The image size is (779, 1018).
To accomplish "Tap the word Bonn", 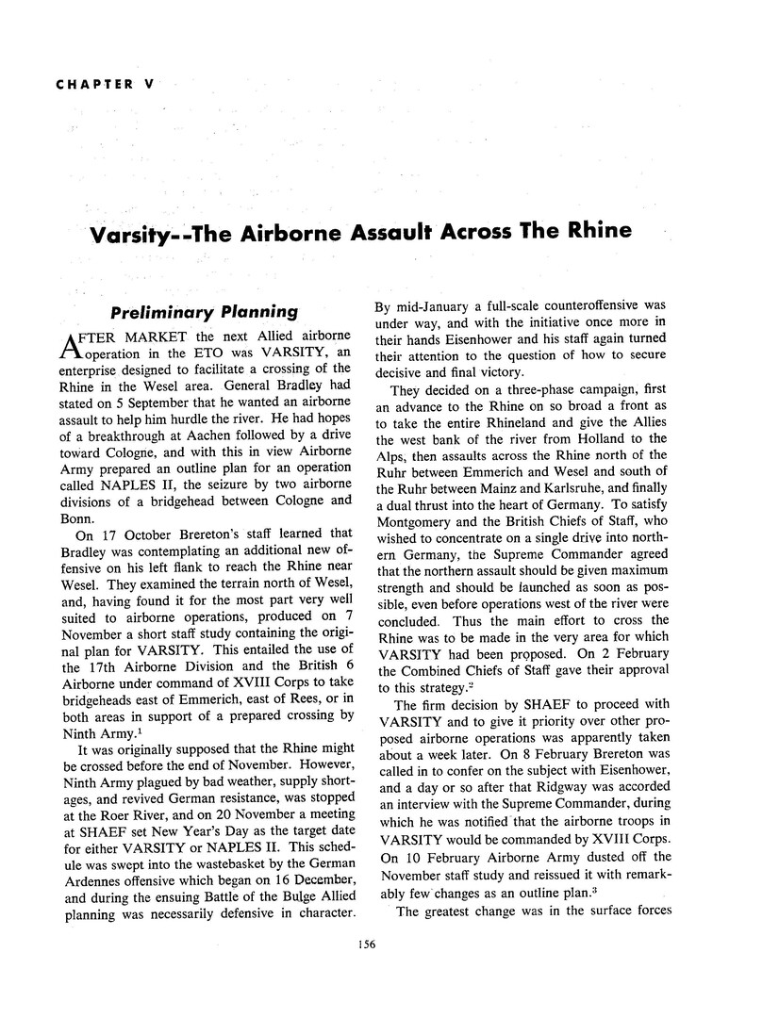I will pos(77,515).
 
